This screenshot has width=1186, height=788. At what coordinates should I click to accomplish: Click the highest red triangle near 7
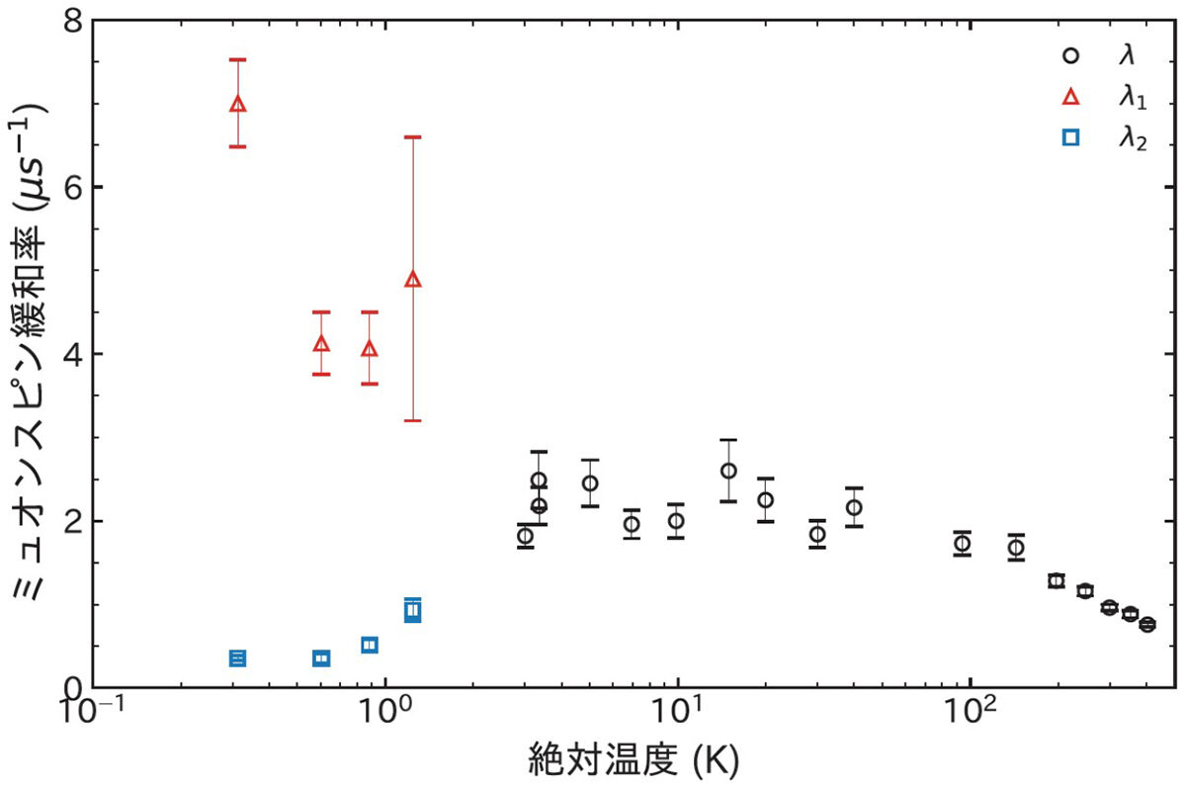click(x=237, y=104)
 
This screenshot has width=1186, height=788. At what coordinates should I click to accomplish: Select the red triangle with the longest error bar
click(x=413, y=280)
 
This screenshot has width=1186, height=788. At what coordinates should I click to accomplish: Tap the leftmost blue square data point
click(x=237, y=657)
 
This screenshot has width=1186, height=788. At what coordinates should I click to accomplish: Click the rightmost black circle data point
click(x=1147, y=624)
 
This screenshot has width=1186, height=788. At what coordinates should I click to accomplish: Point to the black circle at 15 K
click(x=728, y=471)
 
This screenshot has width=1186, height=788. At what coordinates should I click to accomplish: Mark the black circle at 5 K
click(x=590, y=483)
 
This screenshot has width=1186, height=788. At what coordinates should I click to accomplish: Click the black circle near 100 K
click(x=962, y=543)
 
